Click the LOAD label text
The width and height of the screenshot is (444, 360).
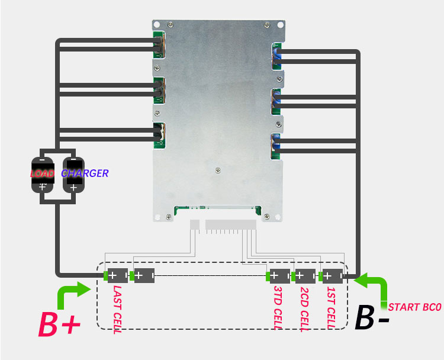pos(42,173)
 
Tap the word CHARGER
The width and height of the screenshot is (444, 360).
pos(85,173)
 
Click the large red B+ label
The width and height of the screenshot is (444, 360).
pos(59,324)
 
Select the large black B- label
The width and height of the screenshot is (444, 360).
pos(372,318)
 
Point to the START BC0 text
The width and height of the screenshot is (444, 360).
pos(414,307)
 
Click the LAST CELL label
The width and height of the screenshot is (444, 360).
pos(117,309)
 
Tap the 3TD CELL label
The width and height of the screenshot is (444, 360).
pos(278,308)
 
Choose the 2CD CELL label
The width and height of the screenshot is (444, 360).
pos(304,309)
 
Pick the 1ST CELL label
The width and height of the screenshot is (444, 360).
pos(332,308)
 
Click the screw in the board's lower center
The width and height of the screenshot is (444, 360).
pos(218,170)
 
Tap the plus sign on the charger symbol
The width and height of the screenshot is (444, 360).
pos(73,188)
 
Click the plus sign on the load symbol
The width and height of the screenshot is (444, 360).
pos(42,187)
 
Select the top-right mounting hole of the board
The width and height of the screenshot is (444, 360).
pos(281,25)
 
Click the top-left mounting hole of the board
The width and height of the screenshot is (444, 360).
pos(157,25)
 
